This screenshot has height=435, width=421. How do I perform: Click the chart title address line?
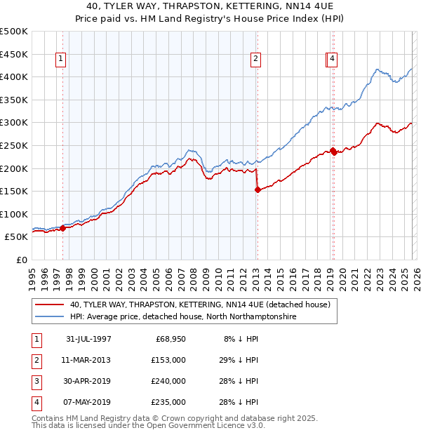(x=210, y=7)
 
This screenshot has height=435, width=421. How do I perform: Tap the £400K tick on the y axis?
(x=14, y=77)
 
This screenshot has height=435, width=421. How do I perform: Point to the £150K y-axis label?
(x=14, y=191)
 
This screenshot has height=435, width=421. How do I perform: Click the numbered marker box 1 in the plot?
(x=62, y=60)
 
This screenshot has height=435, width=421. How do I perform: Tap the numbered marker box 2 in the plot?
(x=256, y=60)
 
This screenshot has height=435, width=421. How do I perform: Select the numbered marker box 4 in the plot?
(x=333, y=60)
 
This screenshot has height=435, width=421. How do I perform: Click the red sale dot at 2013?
(x=257, y=189)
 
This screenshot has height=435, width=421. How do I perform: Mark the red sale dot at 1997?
(x=63, y=227)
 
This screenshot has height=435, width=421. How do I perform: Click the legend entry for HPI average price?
(x=183, y=317)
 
